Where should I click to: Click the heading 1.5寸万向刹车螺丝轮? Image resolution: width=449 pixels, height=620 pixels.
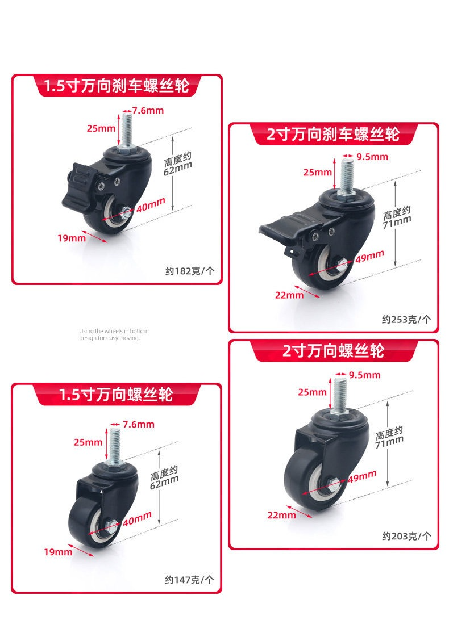point(117,86)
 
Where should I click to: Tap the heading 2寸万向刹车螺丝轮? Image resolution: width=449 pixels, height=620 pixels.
point(333,135)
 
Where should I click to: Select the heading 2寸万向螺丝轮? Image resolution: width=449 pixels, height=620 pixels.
point(334,351)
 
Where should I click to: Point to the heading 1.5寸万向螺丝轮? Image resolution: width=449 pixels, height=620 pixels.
point(116,395)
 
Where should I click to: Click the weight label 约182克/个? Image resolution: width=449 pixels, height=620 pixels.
point(190,271)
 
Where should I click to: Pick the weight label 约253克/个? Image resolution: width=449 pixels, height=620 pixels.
point(406,319)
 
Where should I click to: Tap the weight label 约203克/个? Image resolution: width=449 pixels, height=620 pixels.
point(406,536)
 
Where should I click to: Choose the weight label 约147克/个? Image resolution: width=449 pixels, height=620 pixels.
point(189,580)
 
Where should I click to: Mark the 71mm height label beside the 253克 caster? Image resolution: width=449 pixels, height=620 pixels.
point(397,217)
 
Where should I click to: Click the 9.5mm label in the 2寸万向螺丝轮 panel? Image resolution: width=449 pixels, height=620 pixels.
point(365,375)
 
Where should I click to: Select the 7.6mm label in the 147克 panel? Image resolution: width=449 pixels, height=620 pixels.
point(139,424)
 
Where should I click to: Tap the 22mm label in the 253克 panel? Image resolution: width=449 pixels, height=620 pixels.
point(289,295)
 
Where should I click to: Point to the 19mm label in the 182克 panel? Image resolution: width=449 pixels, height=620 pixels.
point(72,238)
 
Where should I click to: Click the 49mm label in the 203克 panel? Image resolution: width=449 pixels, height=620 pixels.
point(362,476)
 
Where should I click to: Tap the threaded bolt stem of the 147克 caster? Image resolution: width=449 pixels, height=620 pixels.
point(114,443)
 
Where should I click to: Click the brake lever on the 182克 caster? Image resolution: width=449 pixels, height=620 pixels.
point(78,184)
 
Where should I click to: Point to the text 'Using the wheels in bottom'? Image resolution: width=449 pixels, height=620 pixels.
point(114,331)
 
